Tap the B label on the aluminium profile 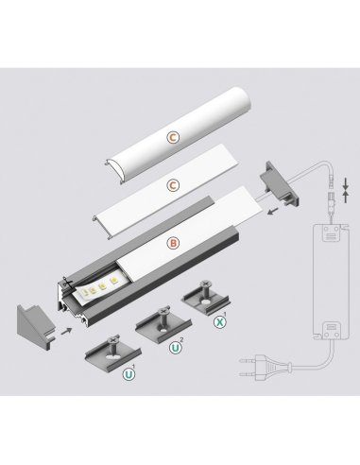coord(173,243)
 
